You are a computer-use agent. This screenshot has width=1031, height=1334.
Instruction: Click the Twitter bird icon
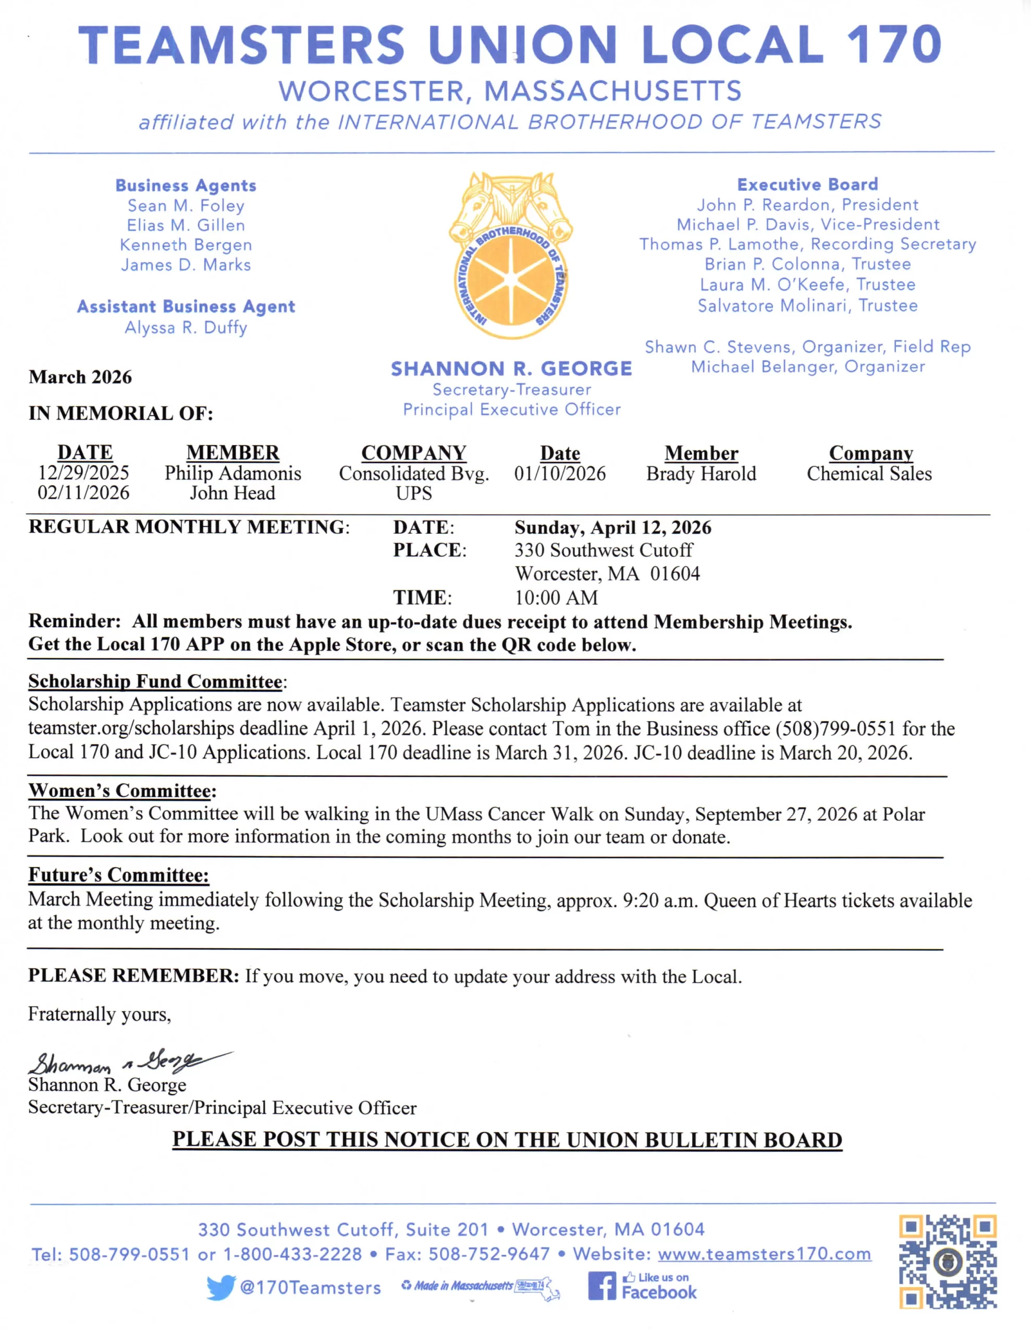click(x=220, y=1287)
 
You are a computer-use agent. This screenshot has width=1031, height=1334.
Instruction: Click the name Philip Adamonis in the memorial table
click(x=233, y=473)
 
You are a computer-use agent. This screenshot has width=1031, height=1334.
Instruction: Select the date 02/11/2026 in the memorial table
click(x=84, y=493)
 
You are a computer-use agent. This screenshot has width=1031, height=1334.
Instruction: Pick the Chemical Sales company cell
click(x=869, y=473)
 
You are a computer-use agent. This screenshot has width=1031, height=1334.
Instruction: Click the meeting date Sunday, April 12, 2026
click(x=613, y=527)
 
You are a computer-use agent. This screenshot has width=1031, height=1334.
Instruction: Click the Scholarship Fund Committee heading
click(x=155, y=681)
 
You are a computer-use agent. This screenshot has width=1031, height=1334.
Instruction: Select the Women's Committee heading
click(x=120, y=790)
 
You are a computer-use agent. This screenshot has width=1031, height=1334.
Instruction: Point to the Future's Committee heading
click(x=118, y=875)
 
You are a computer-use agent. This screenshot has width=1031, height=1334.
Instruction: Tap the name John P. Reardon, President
click(x=807, y=205)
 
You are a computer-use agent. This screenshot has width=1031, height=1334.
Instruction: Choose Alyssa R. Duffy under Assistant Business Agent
click(x=186, y=327)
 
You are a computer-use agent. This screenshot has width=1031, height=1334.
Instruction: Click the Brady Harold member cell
click(x=701, y=473)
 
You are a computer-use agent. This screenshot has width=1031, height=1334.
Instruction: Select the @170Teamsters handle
click(x=311, y=1288)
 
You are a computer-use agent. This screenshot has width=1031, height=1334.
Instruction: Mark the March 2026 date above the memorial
click(x=80, y=377)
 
